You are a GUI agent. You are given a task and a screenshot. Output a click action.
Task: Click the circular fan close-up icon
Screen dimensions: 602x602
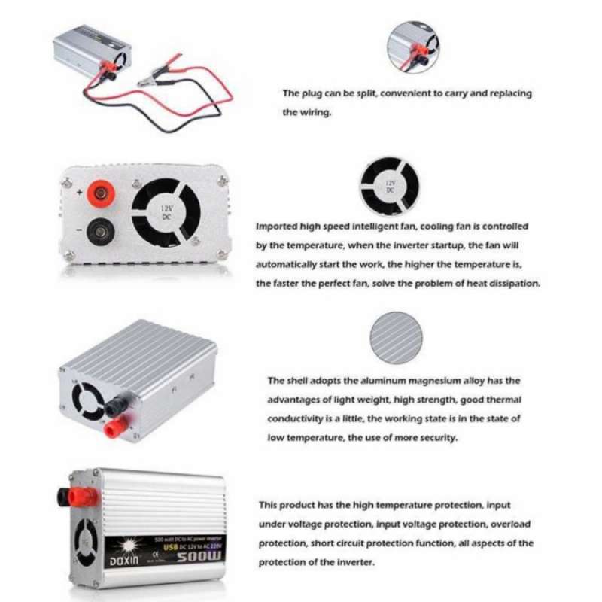point(389,186)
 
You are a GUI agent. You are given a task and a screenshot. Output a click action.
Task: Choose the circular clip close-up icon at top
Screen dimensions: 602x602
point(412,47)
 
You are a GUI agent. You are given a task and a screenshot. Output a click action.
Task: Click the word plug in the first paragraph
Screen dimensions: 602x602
point(315,93)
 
